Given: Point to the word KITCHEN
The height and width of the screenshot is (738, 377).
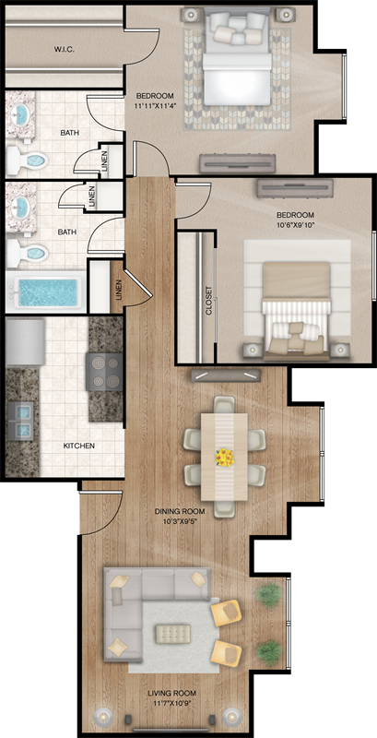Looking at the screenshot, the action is pos(79,446).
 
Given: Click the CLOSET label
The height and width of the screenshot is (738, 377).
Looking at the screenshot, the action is pos(208,301).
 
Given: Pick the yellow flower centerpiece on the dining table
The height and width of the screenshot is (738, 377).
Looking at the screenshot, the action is pos(225,458).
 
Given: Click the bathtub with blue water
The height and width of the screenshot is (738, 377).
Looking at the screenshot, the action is pos(45,292).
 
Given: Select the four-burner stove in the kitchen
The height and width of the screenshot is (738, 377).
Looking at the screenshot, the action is pos(104,372).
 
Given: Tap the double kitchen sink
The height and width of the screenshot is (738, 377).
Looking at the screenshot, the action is pos(22,421).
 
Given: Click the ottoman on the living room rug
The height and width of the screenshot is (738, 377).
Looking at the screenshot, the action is pos(173,633).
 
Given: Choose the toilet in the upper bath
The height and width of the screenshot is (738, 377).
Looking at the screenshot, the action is pos(28,160).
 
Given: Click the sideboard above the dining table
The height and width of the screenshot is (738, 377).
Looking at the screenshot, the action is pos(226,375).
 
